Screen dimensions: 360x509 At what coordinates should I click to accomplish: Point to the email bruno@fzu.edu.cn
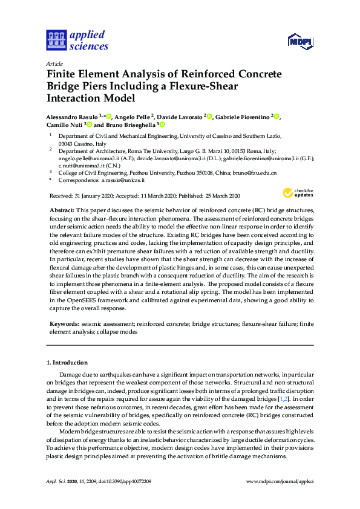tap(257, 172)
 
